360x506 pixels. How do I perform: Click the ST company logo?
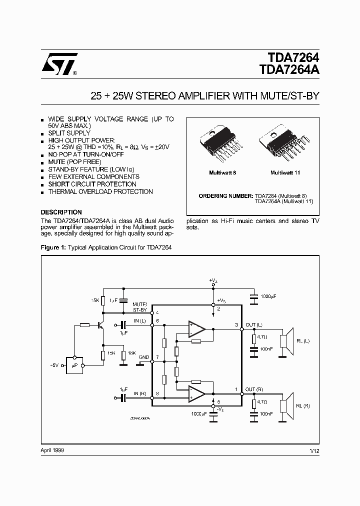[59, 63]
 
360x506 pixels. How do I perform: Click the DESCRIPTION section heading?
[61, 212]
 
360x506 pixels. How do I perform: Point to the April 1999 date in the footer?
[52, 450]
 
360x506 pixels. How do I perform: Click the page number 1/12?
[314, 450]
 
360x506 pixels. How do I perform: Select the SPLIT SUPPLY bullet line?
[69, 133]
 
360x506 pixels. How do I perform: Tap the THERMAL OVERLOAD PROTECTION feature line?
[100, 191]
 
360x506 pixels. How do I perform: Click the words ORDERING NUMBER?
[226, 195]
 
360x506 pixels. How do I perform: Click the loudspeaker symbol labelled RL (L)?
[285, 341]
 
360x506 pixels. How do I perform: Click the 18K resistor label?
[131, 353]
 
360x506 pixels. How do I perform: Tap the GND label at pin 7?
[144, 357]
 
